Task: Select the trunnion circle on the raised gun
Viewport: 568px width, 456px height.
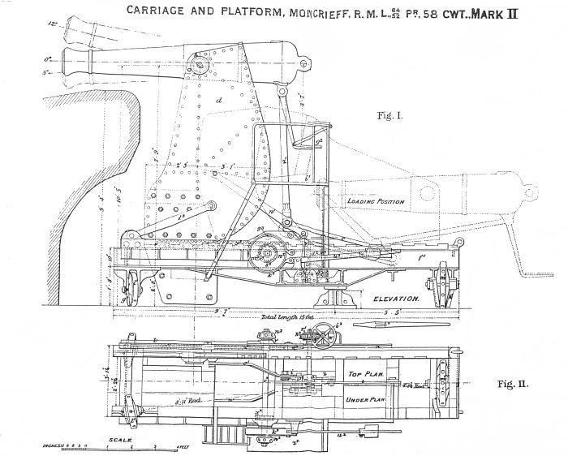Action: click(x=196, y=64)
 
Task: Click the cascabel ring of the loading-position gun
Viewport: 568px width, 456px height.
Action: click(x=529, y=191)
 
